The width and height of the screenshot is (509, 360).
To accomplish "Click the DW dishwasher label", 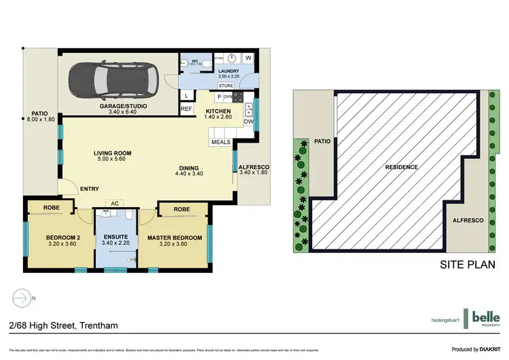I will (248, 122).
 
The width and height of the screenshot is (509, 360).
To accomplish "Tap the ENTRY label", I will (89, 189).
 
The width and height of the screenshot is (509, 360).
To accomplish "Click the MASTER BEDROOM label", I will (174, 238).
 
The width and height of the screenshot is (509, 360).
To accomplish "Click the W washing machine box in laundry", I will (248, 58).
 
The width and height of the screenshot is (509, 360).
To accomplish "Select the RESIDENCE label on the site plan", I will (401, 167).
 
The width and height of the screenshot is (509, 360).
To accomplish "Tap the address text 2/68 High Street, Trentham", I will (64, 325).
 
